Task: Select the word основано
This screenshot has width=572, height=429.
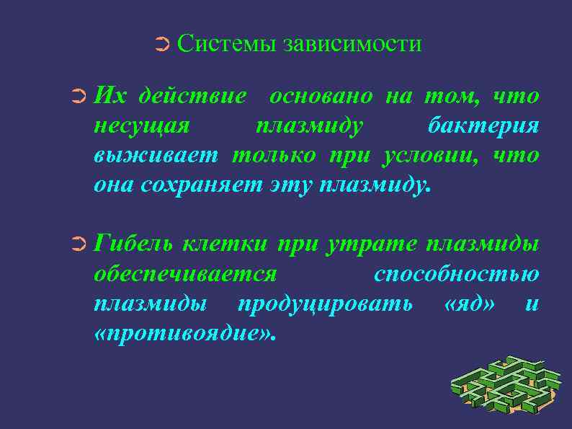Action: point(321,95)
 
